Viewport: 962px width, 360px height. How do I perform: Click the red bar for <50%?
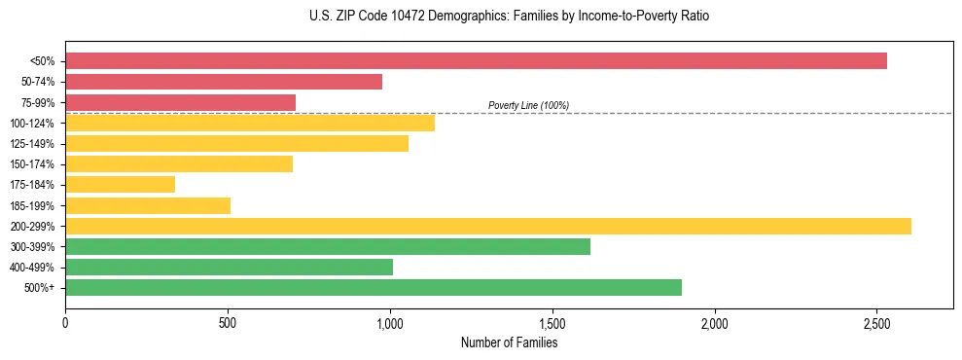(x=476, y=61)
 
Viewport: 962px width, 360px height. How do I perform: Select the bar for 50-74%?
(x=224, y=82)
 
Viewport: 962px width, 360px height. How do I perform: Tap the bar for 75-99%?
(x=180, y=102)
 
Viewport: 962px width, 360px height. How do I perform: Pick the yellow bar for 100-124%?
(x=250, y=123)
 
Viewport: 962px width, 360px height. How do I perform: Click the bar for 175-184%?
(x=120, y=184)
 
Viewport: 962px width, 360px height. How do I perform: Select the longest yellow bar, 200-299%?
(x=488, y=226)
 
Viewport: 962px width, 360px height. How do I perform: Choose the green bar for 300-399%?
(x=328, y=246)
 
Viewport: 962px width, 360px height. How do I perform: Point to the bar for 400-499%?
(x=229, y=267)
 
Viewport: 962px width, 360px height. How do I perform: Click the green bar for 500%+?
(x=374, y=287)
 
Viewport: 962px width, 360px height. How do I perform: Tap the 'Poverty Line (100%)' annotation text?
(x=528, y=105)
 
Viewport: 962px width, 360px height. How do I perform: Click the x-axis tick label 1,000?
(x=390, y=322)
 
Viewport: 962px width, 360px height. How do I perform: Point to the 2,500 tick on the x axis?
(x=876, y=322)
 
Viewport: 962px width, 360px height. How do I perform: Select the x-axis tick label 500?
(x=228, y=322)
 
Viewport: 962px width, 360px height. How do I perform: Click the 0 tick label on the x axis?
(x=65, y=322)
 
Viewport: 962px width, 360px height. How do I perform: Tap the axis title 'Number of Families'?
(x=509, y=342)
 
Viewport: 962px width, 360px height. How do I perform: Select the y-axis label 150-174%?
(x=32, y=164)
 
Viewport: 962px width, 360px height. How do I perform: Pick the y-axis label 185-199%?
(x=32, y=205)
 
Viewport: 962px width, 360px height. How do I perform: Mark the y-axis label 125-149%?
(x=32, y=144)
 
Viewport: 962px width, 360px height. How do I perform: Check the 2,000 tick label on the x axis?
(x=714, y=322)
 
